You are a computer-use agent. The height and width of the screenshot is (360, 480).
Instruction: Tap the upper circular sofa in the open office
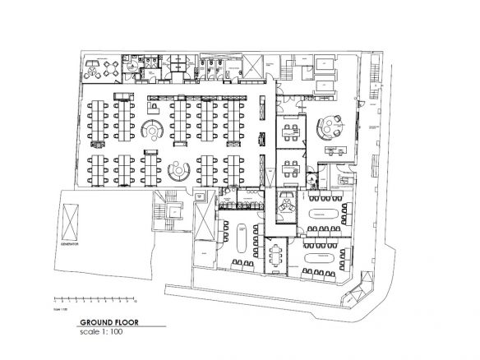click(153, 130)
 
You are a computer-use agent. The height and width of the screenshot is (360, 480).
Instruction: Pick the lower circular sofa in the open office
click(176, 171)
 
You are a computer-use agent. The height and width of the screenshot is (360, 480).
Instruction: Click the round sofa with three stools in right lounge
click(330, 126)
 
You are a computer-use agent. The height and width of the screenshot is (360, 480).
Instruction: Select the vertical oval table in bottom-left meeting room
click(241, 238)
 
